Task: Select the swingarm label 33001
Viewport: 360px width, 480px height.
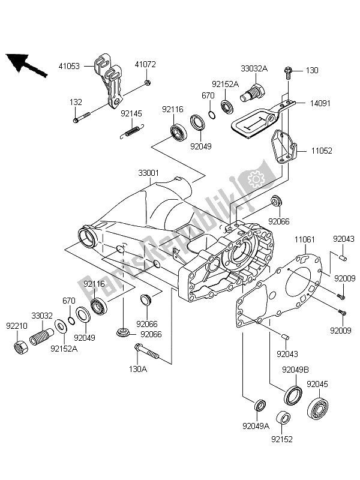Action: pyautogui.click(x=148, y=173)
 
